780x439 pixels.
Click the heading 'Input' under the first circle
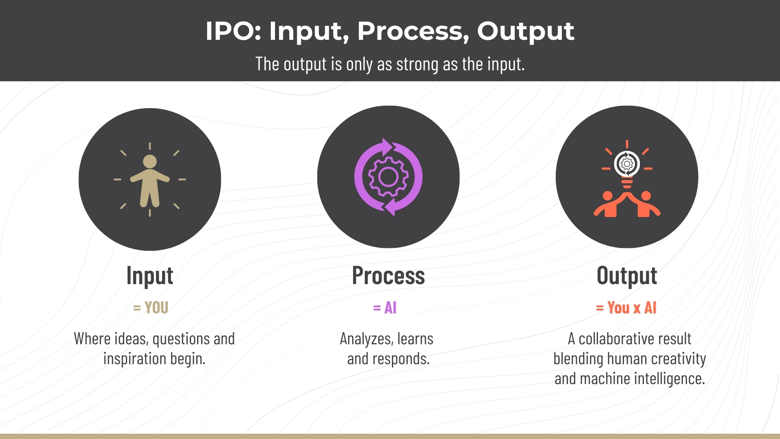[150, 276]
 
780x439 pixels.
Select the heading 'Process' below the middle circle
[388, 276]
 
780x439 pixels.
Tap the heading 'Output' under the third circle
[627, 276]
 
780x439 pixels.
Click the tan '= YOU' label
[151, 308]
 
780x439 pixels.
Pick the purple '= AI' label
[385, 308]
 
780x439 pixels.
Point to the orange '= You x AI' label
[626, 308]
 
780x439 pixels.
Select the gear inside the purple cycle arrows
[388, 177]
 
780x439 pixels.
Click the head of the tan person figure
[150, 161]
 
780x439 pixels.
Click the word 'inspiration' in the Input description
[134, 359]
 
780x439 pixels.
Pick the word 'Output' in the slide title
[526, 31]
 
